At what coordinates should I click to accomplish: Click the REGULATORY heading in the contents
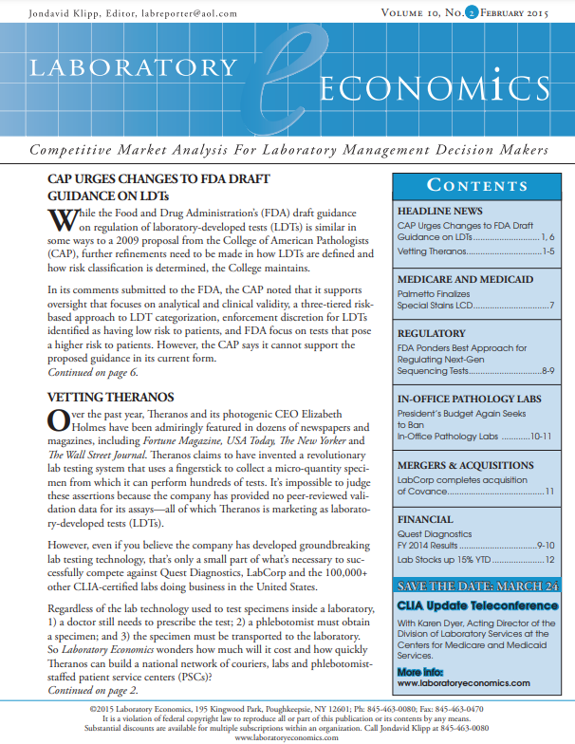pos(431,334)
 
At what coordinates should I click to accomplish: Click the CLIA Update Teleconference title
pos(475,604)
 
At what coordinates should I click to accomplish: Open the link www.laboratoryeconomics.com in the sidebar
pos(463,682)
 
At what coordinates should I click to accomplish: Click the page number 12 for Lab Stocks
pos(548,560)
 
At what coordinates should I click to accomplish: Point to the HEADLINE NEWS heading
pos(439,210)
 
